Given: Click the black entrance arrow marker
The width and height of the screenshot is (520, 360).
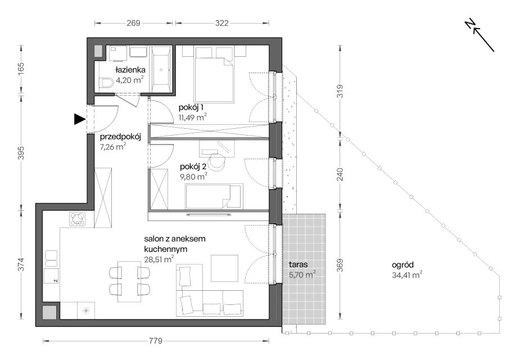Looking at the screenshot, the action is (x=79, y=119).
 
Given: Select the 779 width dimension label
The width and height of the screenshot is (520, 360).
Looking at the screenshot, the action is (x=156, y=341).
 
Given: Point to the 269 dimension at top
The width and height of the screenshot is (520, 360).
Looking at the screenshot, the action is (x=133, y=23).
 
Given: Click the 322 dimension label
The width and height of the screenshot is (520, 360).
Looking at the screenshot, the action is (x=222, y=23).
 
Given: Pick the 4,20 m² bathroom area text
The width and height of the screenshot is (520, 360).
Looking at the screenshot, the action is (x=130, y=80).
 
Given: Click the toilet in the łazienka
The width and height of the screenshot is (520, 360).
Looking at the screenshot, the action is (x=106, y=83).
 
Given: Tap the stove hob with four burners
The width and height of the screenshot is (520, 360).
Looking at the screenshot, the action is (x=78, y=219).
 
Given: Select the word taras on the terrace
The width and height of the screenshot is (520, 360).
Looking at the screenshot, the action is (x=298, y=264).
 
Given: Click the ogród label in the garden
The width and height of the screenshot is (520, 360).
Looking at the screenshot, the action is (x=403, y=265).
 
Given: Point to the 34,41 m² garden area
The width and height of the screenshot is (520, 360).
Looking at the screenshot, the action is (x=407, y=274).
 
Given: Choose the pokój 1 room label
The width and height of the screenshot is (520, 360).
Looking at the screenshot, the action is (x=191, y=107).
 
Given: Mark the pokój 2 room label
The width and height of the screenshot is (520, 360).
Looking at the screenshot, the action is (x=193, y=167).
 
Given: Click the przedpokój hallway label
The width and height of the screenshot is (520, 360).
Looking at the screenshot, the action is (x=121, y=137).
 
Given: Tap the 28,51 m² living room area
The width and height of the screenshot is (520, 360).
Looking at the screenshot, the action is (x=159, y=259).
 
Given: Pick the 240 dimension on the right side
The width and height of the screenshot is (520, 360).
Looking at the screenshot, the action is (x=340, y=174).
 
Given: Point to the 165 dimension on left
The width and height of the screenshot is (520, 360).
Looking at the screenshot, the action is (x=21, y=69).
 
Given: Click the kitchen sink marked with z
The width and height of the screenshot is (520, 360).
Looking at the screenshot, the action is (x=51, y=276).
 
